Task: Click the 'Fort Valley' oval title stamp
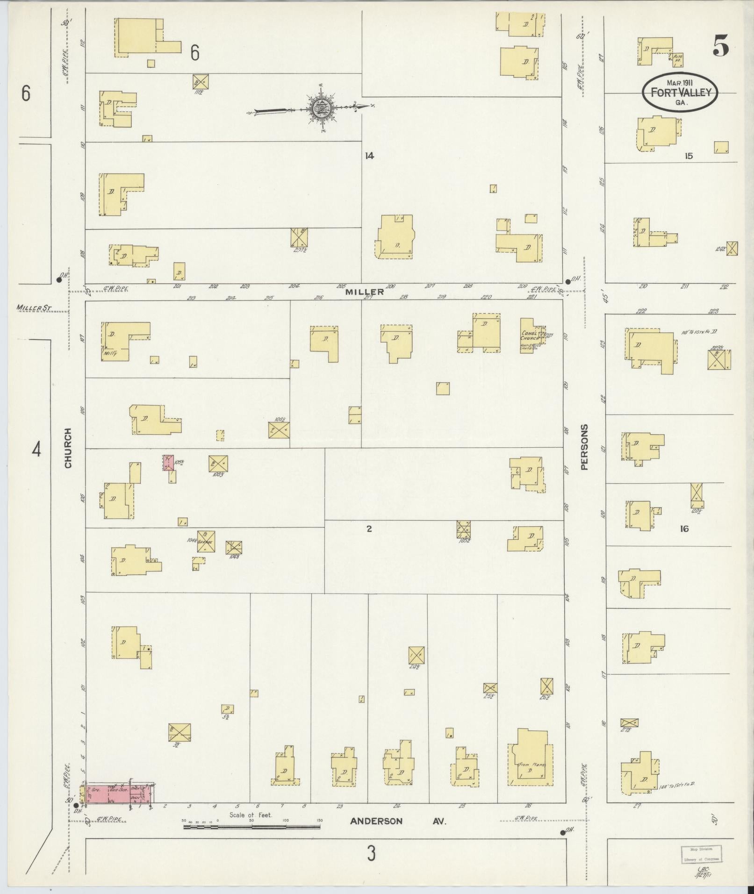[679, 92]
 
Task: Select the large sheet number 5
[721, 46]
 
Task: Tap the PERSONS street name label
[584, 447]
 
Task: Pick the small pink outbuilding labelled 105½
[168, 462]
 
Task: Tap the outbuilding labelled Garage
[206, 541]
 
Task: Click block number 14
[369, 156]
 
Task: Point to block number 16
[684, 529]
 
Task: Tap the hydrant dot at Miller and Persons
[568, 281]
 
